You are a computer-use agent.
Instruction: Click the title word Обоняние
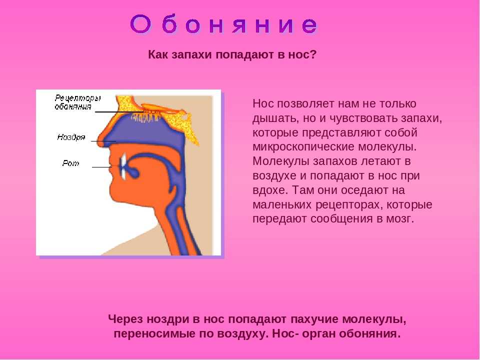[224, 24]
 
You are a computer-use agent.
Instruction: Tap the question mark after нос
[312, 54]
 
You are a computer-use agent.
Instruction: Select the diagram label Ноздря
[71, 137]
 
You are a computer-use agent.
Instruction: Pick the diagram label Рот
[70, 163]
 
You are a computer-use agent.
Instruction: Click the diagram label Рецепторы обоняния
[78, 102]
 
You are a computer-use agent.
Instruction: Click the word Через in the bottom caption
[125, 319]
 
